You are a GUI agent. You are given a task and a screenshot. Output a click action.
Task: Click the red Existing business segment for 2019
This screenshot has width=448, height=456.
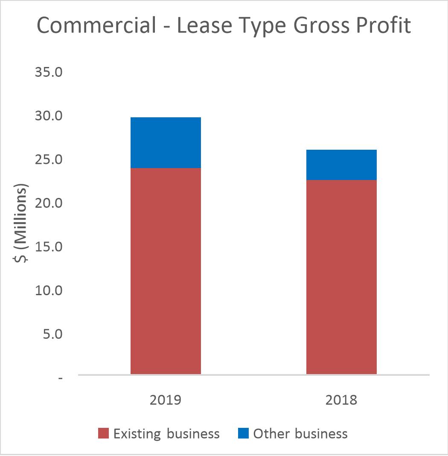point(166,271)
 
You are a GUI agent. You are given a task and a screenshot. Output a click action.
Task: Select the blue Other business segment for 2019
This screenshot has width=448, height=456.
point(166,142)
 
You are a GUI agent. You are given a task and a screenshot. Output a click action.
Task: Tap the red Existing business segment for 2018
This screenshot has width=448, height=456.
point(341,277)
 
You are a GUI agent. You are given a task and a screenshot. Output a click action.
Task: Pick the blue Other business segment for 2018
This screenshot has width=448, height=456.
point(341,165)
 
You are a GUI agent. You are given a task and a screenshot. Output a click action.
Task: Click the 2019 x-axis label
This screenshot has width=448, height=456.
point(166,400)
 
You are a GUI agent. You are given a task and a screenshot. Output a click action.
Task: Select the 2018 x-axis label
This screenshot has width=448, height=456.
point(341,400)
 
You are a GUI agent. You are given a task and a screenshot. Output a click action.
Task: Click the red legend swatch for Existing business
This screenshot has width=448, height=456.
point(104,434)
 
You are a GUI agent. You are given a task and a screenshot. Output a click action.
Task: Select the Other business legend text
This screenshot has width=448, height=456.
point(300,434)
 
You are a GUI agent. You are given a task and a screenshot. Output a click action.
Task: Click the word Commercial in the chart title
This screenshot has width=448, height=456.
point(96,26)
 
